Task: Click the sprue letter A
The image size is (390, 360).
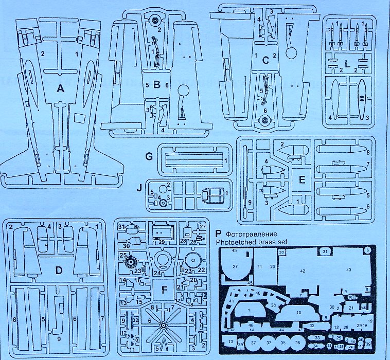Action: click(61, 89)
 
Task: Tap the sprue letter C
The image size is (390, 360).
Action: click(265, 60)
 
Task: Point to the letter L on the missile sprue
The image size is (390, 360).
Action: click(348, 64)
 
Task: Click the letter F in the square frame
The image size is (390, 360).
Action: click(164, 291)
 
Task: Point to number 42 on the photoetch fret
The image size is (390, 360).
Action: click(303, 270)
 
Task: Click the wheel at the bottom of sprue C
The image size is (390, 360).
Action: click(264, 121)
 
